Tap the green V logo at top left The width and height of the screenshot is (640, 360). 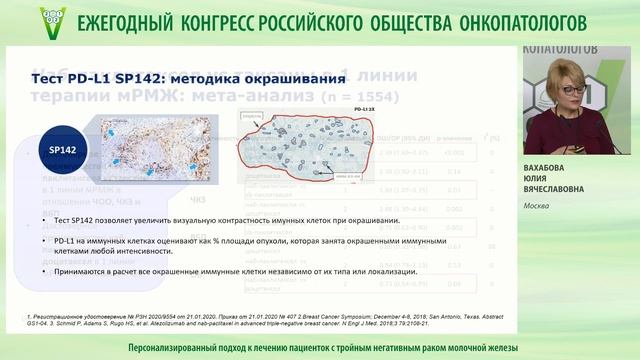tap(53, 19)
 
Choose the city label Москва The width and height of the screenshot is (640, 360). tap(541, 207)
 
